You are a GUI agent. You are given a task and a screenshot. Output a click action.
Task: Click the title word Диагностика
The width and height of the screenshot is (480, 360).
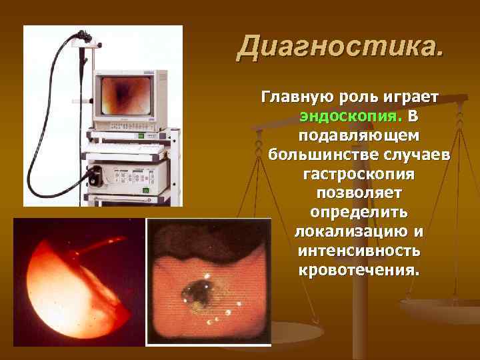coord(340,46)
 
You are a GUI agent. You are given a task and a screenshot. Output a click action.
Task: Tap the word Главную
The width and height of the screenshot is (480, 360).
coord(293,97)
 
